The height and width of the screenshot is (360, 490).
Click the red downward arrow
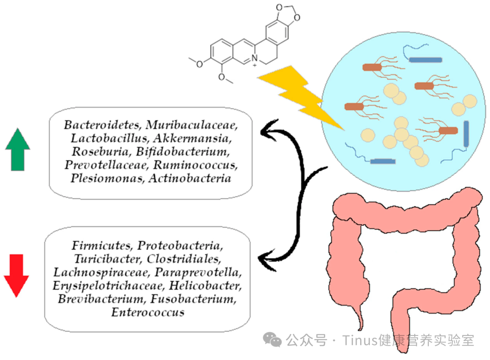pos(16,275)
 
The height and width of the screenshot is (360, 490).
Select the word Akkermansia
pos(192,138)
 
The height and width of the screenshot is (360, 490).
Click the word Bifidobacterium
pos(182,151)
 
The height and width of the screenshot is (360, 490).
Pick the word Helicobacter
pos(206,286)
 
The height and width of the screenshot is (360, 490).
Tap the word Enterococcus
pos(148,312)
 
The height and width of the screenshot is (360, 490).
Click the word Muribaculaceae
pos(191,125)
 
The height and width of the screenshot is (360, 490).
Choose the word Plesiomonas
pos(108,178)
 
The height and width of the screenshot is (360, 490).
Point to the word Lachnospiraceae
pos(102,272)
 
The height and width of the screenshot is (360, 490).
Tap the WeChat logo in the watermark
pos(272,340)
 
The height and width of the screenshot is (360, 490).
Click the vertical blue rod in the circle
pos(466,133)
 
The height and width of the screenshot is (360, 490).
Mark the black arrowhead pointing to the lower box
pos(267,260)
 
